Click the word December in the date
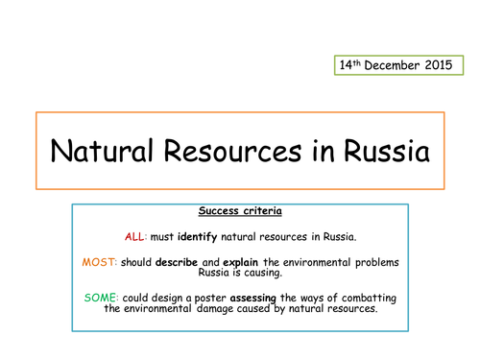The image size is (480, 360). click(x=395, y=65)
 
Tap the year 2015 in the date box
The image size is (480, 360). click(x=444, y=65)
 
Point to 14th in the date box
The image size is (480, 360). click(x=352, y=65)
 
